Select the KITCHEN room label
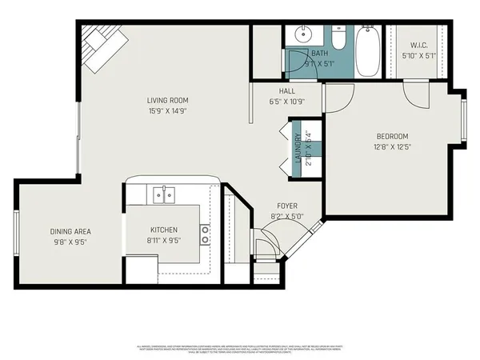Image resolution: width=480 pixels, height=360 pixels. (x=163, y=230)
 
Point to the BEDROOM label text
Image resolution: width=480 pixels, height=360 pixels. (x=392, y=136)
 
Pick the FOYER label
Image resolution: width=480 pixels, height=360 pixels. (x=287, y=206)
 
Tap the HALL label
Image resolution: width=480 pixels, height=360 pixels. (x=287, y=91)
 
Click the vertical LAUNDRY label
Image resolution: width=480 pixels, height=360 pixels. (x=298, y=147)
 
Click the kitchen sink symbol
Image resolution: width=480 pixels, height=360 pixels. (x=164, y=193)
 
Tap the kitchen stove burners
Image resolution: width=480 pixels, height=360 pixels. (x=206, y=234)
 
